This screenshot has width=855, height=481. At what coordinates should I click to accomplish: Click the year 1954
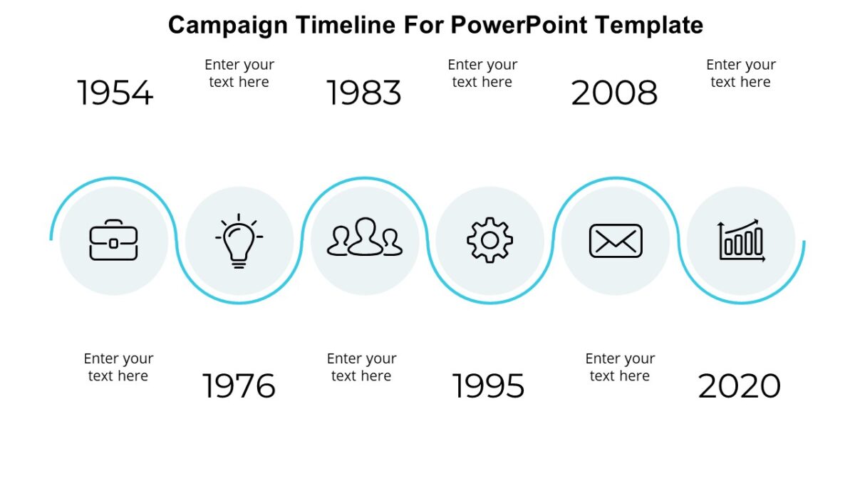115,93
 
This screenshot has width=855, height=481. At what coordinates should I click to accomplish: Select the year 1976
239,386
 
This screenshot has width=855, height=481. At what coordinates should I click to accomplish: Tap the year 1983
364,93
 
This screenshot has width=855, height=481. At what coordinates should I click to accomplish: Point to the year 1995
489,386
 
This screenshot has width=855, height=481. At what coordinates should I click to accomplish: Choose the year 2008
614,93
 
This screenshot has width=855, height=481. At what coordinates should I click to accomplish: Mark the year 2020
740,386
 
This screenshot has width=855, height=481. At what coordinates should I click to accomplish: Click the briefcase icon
114,241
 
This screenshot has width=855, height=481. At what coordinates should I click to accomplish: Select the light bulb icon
239,241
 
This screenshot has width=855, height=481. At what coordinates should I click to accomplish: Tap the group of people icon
365,238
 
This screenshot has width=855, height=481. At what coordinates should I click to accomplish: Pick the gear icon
489,241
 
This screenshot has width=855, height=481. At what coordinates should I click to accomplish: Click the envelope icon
616,241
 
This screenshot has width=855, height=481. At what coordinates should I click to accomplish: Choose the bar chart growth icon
741,241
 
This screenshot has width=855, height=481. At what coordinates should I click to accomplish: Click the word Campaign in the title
228,25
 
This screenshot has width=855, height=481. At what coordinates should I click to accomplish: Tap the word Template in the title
649,25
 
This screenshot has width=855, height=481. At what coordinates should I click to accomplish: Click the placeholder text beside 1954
239,73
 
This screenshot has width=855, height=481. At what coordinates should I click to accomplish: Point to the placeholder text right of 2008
741,73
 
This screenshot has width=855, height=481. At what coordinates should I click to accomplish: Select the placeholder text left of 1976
118,367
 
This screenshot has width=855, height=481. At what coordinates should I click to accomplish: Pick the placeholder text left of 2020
620,367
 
